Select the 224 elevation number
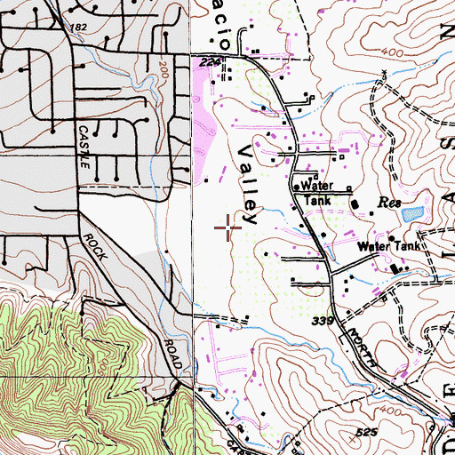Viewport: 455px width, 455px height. click(x=211, y=61)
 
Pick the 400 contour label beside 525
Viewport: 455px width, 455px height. click(x=365, y=411)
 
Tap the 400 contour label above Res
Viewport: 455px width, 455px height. click(x=387, y=53)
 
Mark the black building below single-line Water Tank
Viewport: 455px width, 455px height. click(x=395, y=267)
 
